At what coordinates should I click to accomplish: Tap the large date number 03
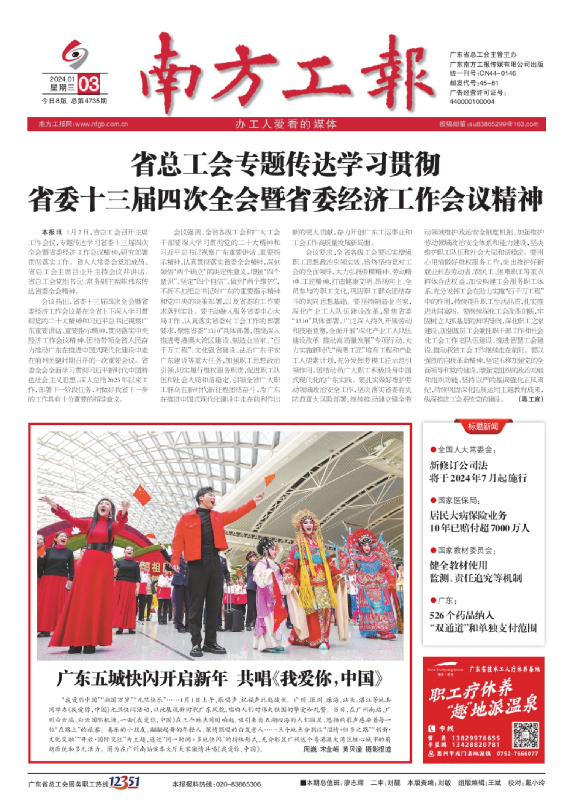tap(89, 84)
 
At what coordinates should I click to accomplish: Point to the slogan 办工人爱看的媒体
tap(286, 124)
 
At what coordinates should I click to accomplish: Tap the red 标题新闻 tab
tap(483, 427)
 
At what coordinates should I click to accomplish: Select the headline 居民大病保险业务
tap(468, 515)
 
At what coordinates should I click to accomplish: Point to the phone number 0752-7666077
tap(517, 754)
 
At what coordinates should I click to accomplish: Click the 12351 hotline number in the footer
tap(124, 782)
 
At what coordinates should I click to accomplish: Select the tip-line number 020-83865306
tap(238, 784)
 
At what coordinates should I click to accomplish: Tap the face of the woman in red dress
tap(104, 507)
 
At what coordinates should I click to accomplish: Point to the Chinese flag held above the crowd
tap(142, 494)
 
